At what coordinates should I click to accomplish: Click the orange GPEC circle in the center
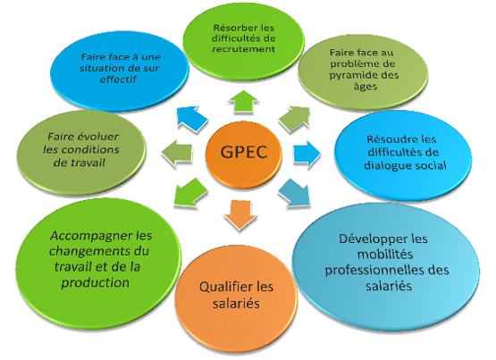point(244,155)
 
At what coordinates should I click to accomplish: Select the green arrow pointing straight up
point(243,101)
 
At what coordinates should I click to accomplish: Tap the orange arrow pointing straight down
point(240,214)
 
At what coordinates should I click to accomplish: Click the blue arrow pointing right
point(307,154)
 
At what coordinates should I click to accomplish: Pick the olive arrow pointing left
point(177,154)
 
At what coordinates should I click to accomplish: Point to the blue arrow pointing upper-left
point(192,119)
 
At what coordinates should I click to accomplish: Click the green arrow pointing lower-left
point(190,192)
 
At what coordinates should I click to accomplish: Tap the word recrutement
point(244,49)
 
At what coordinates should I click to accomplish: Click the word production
point(96,283)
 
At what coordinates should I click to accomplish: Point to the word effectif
point(118,80)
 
